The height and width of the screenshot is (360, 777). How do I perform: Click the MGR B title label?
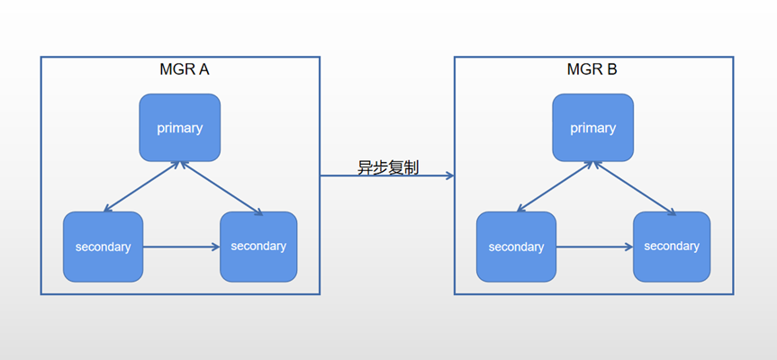[x=592, y=68]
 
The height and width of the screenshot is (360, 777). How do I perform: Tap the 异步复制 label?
[x=387, y=167]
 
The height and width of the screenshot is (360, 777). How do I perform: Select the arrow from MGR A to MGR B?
[x=387, y=176]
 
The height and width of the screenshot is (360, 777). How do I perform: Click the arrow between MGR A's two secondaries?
[x=181, y=246]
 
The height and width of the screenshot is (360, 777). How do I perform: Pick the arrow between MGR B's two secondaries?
[x=594, y=246]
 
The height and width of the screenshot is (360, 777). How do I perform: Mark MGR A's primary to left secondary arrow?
[x=142, y=187]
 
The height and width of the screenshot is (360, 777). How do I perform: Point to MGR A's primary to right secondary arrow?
[x=221, y=188]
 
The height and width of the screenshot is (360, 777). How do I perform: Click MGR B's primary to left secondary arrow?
[x=556, y=187]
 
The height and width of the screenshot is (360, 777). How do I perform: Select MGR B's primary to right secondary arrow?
[x=635, y=188]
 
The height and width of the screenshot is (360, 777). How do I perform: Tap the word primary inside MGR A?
[x=179, y=128]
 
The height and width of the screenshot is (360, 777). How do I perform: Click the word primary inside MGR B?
[x=592, y=128]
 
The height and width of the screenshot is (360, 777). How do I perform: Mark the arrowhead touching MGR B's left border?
[x=448, y=176]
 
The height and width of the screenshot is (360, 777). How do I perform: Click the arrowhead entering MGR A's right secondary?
[x=215, y=246]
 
